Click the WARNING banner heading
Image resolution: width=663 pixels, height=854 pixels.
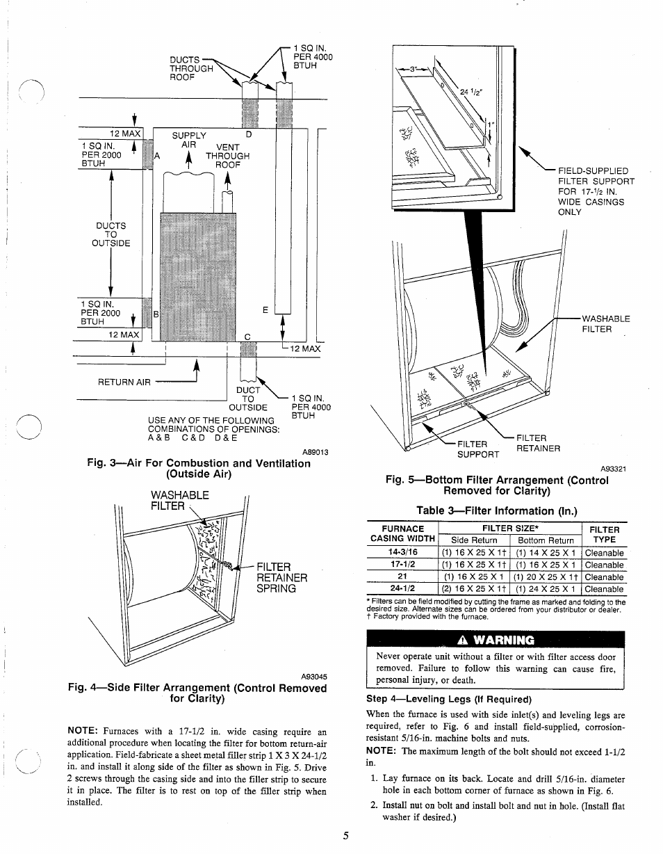496,640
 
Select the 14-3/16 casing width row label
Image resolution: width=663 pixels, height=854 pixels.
402,553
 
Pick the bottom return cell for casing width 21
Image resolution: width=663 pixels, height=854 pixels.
546,577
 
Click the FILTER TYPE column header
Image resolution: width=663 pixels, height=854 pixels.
604,534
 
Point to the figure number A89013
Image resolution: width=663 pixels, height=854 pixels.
314,452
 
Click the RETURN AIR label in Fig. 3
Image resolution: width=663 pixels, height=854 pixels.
124,382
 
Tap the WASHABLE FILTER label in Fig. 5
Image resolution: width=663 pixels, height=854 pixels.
605,324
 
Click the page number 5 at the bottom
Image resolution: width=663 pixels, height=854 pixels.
345,836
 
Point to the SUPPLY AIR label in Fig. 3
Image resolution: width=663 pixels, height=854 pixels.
189,140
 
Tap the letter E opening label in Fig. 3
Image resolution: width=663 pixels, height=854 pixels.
265,311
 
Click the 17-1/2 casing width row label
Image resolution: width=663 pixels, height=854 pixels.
402,565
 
